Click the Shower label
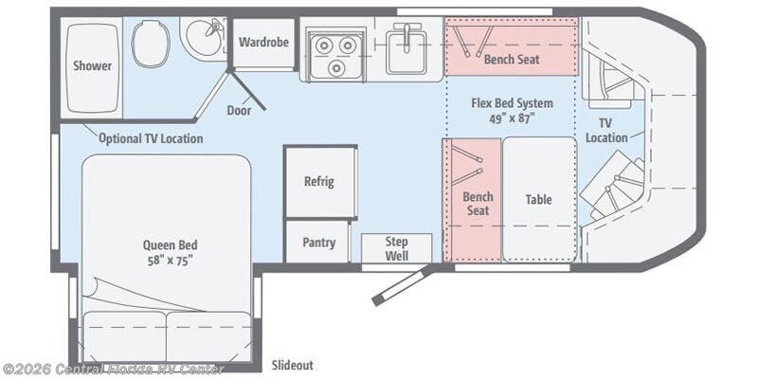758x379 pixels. (92, 65)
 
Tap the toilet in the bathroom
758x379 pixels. (151, 44)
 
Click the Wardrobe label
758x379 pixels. (263, 42)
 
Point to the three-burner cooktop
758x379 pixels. (336, 55)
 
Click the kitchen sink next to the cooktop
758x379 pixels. (406, 52)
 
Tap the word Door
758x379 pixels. (240, 111)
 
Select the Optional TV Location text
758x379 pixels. (151, 138)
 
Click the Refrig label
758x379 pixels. (319, 182)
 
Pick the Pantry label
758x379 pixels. (318, 243)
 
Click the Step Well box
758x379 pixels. (396, 248)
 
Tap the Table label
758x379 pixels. (538, 199)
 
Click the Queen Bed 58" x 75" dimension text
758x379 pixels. (171, 252)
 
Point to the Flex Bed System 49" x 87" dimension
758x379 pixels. (512, 111)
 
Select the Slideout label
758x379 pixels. (292, 365)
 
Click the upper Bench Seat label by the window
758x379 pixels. (512, 60)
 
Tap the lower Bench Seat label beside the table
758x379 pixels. (478, 204)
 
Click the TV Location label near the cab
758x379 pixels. (606, 131)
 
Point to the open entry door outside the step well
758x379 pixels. (402, 285)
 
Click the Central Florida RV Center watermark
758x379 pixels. (113, 370)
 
